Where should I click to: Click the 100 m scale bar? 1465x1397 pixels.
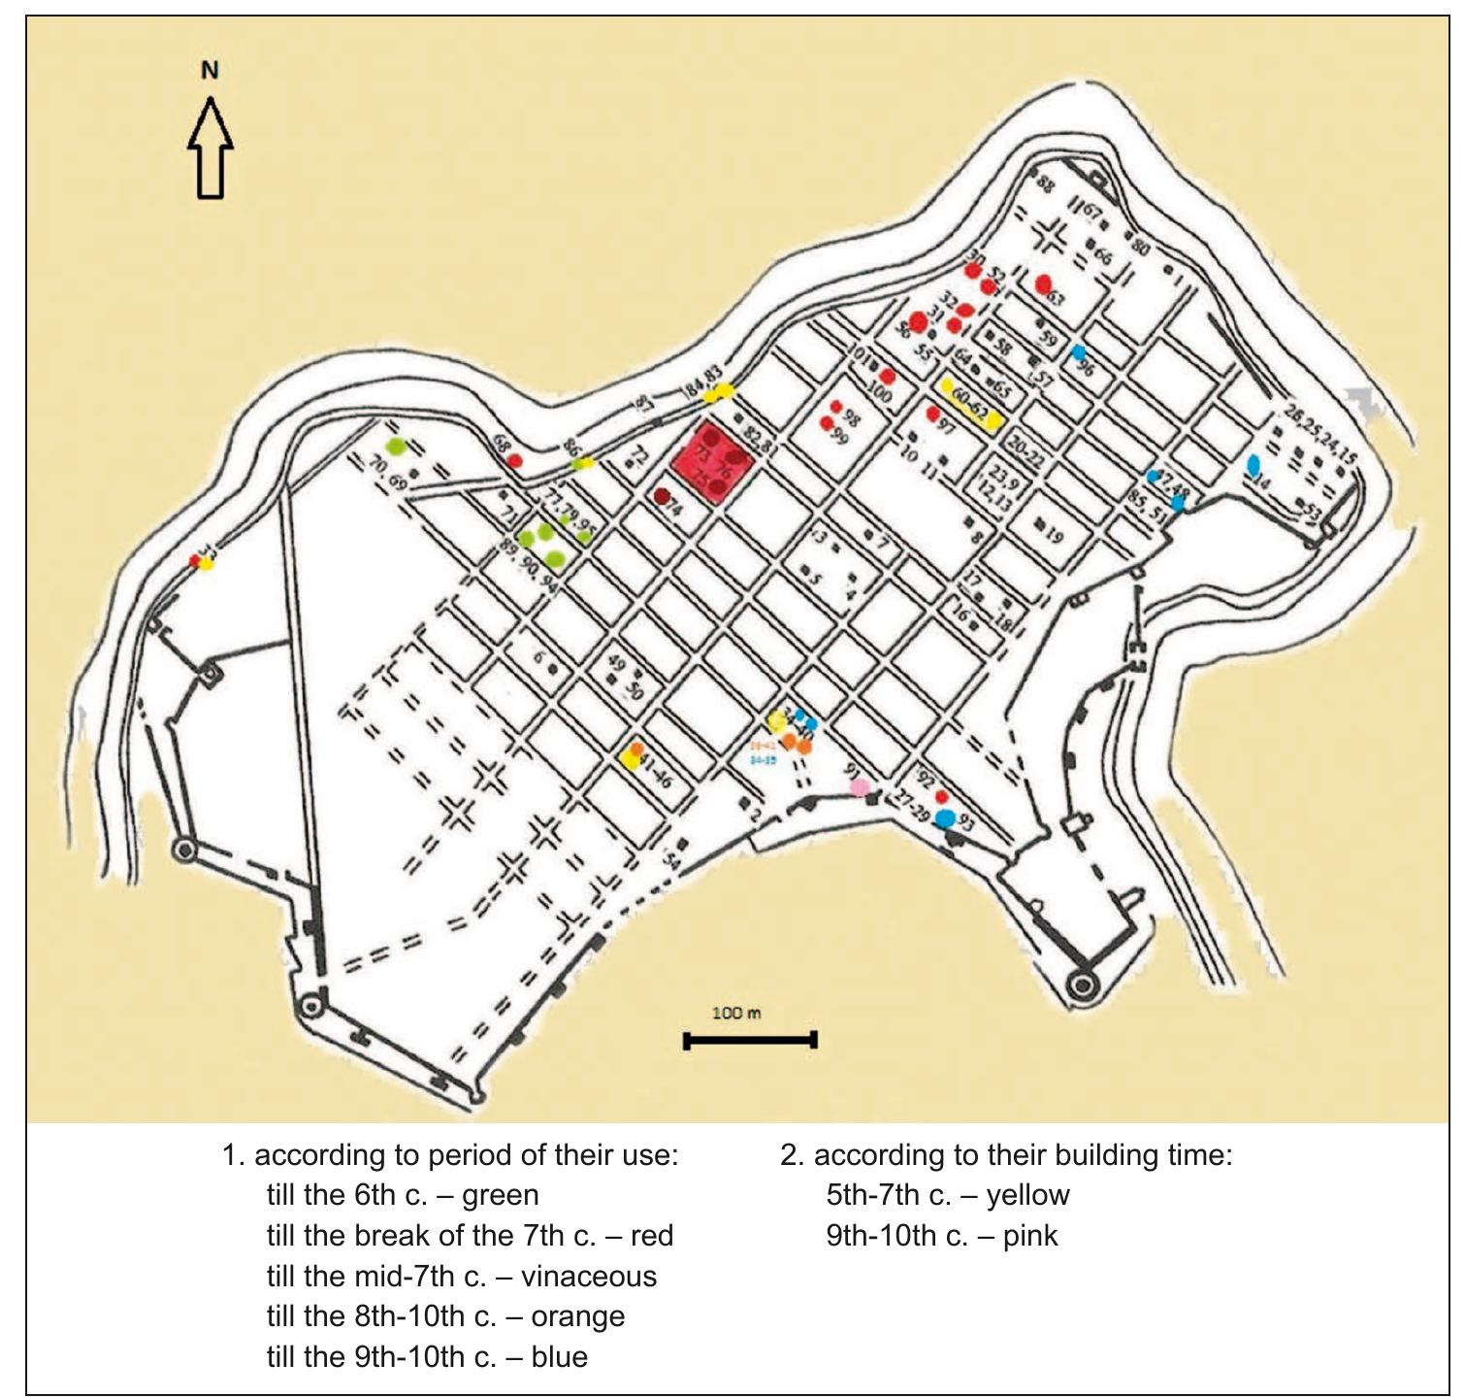tap(750, 1041)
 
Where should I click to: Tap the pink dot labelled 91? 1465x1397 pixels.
tap(859, 787)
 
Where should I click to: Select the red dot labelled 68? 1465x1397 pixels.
tap(516, 459)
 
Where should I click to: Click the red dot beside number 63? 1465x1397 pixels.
tap(1043, 284)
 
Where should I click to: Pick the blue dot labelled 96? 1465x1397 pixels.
tap(1077, 352)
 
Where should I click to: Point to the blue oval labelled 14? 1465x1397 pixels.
tap(1253, 465)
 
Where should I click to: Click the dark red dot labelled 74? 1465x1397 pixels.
tap(662, 497)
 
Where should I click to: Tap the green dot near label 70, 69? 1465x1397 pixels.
tap(395, 447)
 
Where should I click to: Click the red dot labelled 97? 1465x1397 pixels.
tap(933, 414)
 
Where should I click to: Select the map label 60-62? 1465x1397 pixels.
tap(971, 404)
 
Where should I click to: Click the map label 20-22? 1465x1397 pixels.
tap(1025, 452)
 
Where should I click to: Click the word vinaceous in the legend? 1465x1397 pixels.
tap(589, 1276)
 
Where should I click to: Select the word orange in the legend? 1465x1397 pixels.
tap(578, 1316)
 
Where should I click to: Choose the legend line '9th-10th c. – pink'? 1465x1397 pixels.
tap(941, 1236)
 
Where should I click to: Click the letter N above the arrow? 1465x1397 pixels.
tap(210, 70)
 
